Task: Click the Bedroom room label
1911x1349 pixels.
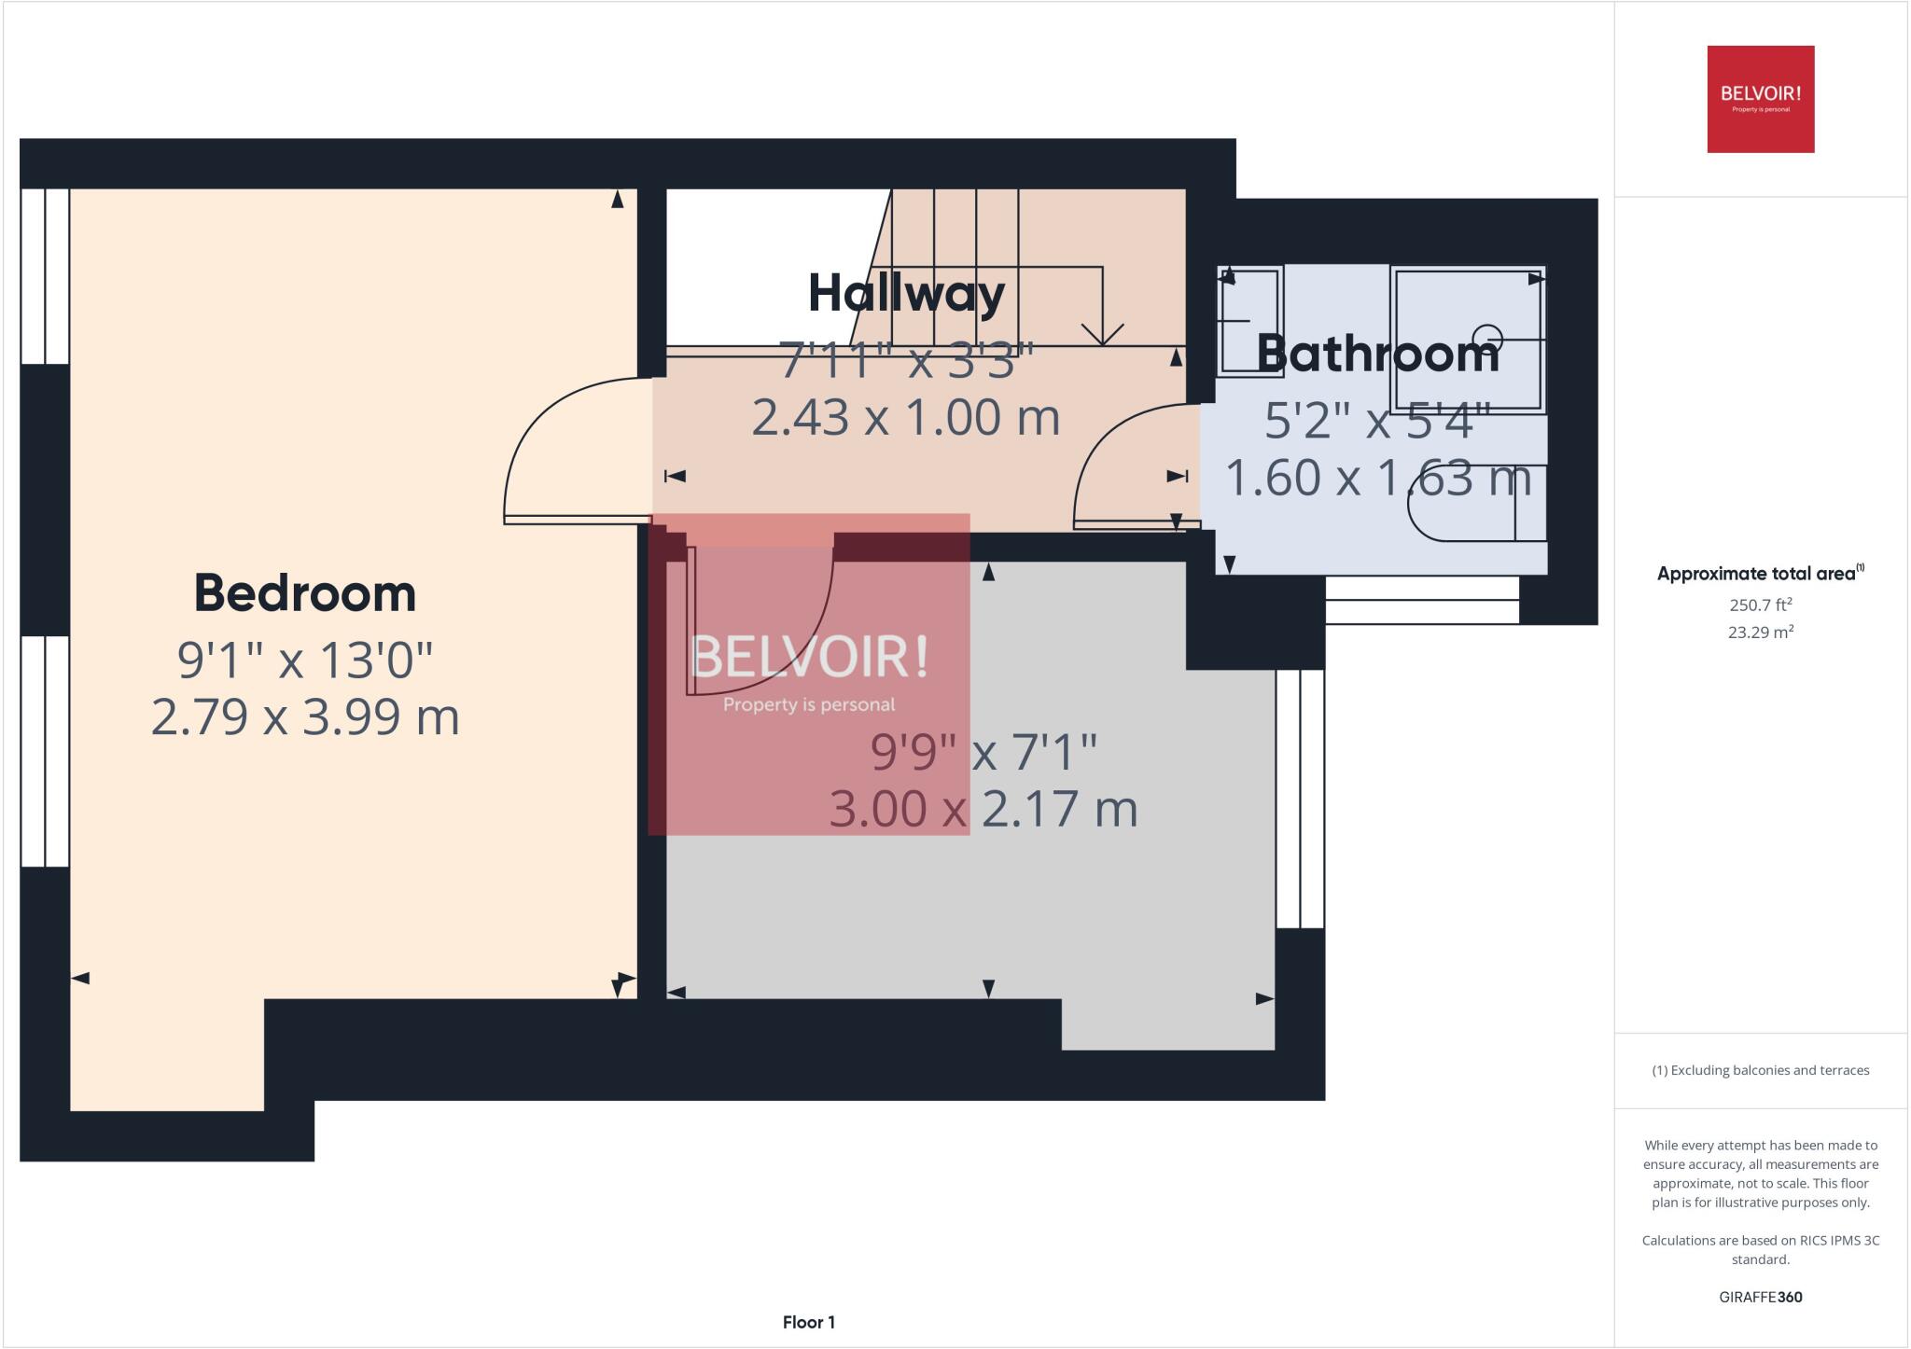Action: (x=304, y=593)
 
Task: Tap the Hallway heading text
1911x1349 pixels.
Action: (x=906, y=294)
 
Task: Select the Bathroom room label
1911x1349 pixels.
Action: (x=1377, y=354)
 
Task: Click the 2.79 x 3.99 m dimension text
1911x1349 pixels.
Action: (x=305, y=717)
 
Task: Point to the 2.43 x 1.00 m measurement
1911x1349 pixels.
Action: (x=905, y=417)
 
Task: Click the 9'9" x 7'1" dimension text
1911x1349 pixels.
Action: (x=983, y=752)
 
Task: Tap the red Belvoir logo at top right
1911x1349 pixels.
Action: (x=1760, y=99)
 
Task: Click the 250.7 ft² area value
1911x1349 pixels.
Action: (x=1760, y=605)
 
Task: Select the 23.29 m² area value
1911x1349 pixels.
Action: (x=1760, y=633)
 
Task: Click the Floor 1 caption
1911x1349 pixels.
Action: (x=808, y=1322)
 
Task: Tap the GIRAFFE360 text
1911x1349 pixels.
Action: (x=1760, y=1297)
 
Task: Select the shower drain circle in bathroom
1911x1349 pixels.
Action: (x=1487, y=338)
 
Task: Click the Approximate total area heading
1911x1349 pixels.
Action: (x=1756, y=575)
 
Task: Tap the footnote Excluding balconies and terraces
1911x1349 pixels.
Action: (x=1760, y=1070)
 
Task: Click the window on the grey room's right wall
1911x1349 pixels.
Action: (x=1299, y=799)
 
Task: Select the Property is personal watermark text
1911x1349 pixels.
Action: (x=808, y=705)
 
